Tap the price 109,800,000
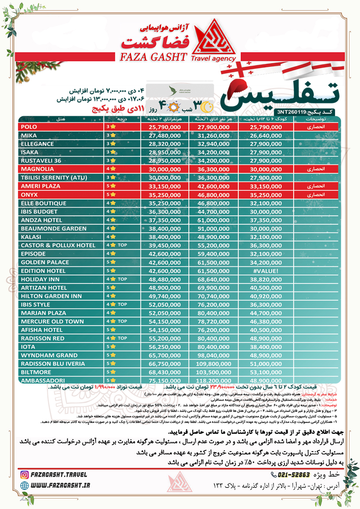[213, 364]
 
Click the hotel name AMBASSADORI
[43, 380]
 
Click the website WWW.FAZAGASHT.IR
[62, 484]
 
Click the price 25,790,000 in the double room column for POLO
[162, 127]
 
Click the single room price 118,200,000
[213, 380]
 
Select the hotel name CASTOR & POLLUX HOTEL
[58, 245]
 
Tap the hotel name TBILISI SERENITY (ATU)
[54, 178]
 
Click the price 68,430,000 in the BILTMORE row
[162, 372]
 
